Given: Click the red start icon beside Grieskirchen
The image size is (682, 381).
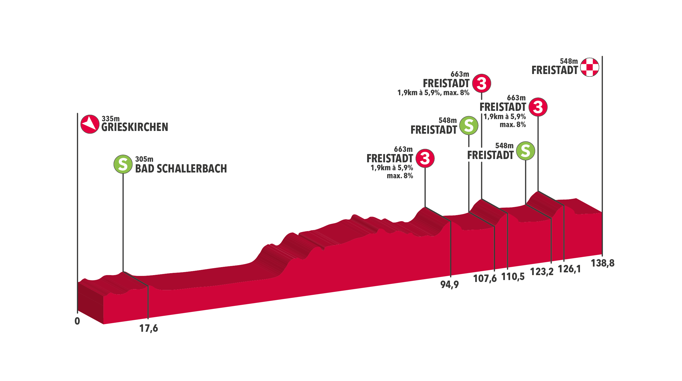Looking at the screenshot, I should [x=90, y=124].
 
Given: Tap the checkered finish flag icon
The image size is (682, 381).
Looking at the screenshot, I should [x=590, y=67].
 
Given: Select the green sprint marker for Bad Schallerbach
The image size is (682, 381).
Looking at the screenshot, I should [x=123, y=164].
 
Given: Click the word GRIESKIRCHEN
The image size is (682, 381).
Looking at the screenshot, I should [x=134, y=127].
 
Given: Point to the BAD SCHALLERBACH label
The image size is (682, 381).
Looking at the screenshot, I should [x=181, y=169].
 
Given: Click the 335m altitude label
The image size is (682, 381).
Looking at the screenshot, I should [x=111, y=119].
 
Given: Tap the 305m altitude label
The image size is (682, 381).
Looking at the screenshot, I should [x=144, y=159].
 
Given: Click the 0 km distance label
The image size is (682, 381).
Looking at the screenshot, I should [x=77, y=321].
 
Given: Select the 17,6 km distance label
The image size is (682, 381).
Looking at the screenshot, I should [x=148, y=328].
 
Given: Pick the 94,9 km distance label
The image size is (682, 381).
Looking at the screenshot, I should [x=449, y=284].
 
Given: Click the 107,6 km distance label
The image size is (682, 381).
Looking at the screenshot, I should [x=485, y=278].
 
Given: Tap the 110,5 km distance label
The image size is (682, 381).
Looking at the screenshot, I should [x=513, y=276].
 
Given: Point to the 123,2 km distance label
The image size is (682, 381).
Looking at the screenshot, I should [x=541, y=272].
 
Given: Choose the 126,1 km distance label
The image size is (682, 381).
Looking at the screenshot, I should [x=569, y=269].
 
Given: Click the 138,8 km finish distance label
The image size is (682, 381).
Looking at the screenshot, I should [x=603, y=263].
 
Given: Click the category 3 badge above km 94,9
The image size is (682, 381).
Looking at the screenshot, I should [x=425, y=158].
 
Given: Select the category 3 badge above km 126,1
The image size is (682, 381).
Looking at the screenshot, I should [x=538, y=107].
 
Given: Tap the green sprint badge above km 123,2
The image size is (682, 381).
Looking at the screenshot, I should [x=525, y=151].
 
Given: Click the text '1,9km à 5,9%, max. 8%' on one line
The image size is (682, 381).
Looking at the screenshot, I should [x=433, y=93].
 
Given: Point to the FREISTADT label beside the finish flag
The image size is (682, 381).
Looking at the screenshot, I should [x=555, y=70].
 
